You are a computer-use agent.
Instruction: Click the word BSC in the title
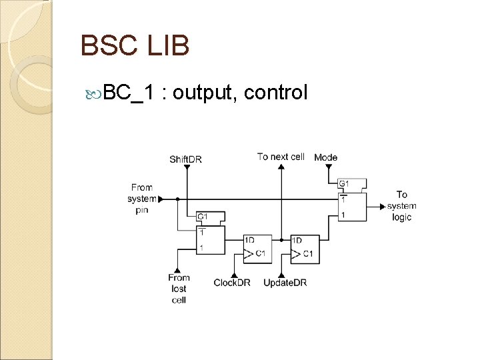107,46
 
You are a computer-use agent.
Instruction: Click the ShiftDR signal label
185,159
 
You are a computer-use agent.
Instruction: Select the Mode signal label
326,157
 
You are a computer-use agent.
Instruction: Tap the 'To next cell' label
281,157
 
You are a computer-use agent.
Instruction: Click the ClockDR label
232,283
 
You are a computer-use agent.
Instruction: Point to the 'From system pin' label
141,199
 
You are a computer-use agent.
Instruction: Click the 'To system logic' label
401,206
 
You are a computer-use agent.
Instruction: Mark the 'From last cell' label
179,289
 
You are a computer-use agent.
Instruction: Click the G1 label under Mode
343,183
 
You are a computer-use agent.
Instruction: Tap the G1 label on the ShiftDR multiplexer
202,217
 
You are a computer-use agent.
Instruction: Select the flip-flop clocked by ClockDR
255,247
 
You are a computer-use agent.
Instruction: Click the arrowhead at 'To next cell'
281,168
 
